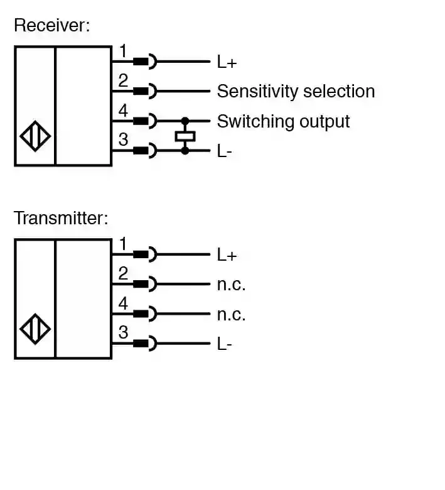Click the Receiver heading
click(52, 26)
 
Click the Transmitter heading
click(61, 219)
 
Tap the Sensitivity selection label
click(296, 92)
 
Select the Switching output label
click(283, 121)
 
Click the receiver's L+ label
click(227, 62)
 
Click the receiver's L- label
click(225, 151)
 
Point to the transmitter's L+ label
click(227, 255)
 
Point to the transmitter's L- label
click(225, 344)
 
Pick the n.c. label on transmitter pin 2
click(231, 285)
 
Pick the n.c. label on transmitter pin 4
click(231, 314)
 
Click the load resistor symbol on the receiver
click(185, 136)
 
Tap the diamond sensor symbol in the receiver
click(36, 136)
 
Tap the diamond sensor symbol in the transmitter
click(36, 329)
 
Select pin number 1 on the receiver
click(123, 51)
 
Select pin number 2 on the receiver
click(123, 80)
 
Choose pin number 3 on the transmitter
click(123, 332)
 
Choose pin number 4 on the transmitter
click(123, 303)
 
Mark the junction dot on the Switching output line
click(185, 121)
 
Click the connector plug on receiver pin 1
click(145, 62)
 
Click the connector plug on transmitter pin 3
click(145, 344)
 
